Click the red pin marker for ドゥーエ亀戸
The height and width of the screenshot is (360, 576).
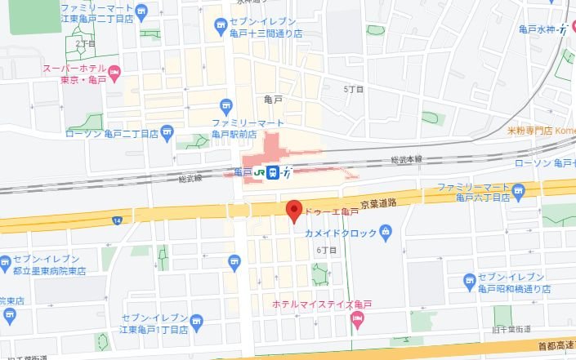(x=295, y=211)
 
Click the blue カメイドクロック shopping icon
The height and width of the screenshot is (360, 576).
(x=387, y=234)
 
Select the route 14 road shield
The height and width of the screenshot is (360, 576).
(x=118, y=220)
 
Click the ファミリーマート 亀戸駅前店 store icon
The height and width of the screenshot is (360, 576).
(x=228, y=104)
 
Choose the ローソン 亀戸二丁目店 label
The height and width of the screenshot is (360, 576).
(x=111, y=133)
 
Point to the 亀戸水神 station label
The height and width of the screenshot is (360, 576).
(x=538, y=29)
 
